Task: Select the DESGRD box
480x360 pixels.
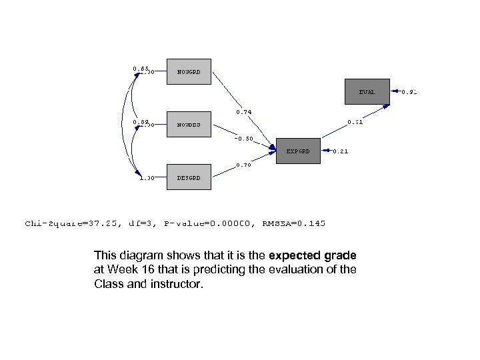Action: tap(188, 177)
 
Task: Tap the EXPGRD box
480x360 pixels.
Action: tap(298, 151)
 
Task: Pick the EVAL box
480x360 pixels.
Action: tap(367, 92)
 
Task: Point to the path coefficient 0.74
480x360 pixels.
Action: tap(243, 112)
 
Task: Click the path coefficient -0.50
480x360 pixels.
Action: tap(243, 139)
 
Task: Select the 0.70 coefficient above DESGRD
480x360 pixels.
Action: tap(243, 165)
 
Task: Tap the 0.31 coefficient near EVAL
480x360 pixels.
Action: tap(355, 122)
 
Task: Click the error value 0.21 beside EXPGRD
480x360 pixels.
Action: tap(340, 151)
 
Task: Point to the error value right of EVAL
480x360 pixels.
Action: tap(409, 92)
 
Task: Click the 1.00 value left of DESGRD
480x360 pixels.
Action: tap(147, 178)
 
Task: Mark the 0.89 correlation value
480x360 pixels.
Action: tap(140, 122)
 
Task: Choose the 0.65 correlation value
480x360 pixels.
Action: tap(140, 69)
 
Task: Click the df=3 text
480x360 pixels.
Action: tap(142, 224)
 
